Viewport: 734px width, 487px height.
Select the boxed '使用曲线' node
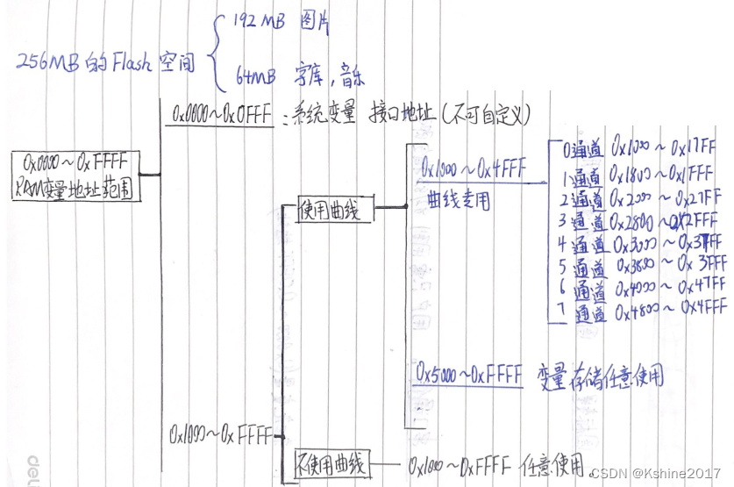coord(335,210)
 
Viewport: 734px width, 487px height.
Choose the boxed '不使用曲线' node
coord(331,462)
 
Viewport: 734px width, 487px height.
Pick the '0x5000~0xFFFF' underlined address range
coord(469,375)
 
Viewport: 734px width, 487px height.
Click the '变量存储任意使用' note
coord(602,376)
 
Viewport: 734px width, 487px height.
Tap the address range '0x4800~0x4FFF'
coord(670,307)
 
